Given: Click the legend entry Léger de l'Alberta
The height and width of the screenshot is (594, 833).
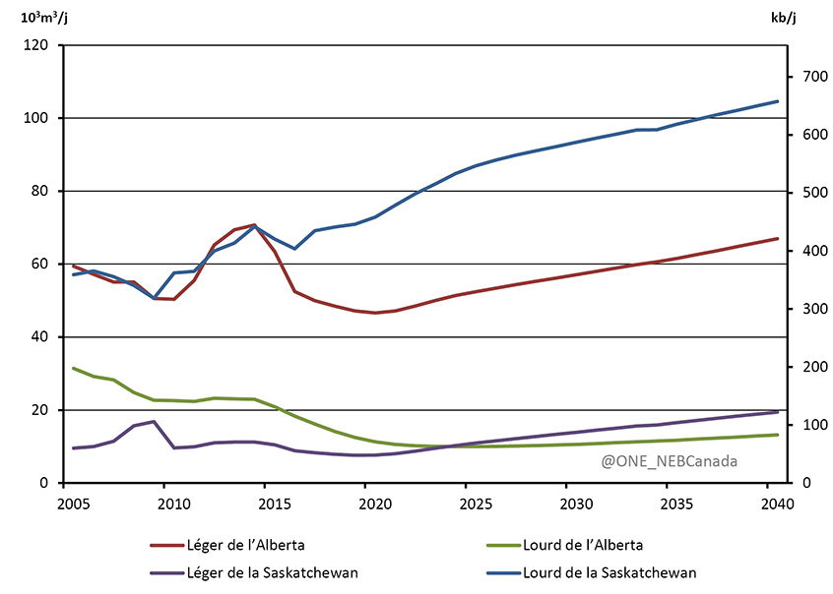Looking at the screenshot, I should pos(250,546).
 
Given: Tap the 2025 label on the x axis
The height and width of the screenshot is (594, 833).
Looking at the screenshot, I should pos(465,505).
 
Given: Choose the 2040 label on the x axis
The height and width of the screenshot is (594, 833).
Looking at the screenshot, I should pos(766,505).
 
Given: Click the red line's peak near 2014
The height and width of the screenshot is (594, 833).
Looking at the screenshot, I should pos(254,225).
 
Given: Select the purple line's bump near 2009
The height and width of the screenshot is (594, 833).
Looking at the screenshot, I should pos(154,422).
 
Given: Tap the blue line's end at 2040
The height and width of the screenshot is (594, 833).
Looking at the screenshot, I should pos(778,101).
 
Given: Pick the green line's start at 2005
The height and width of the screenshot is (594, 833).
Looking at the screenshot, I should pos(74,368).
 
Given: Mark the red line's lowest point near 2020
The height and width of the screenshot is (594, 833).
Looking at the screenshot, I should pos(374,313).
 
